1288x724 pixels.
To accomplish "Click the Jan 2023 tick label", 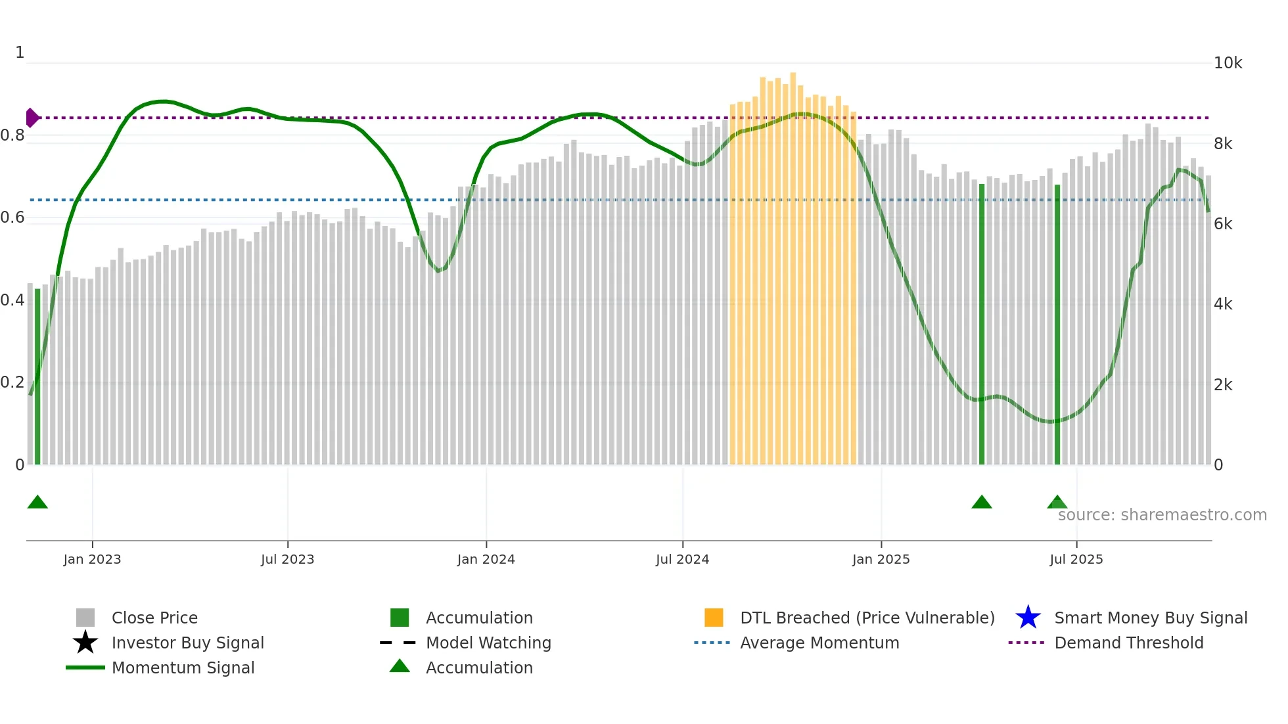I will (92, 559).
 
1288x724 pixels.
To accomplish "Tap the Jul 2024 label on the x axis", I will (682, 559).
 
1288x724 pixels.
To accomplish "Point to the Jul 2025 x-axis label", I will (1076, 559).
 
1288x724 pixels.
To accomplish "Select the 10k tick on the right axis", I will (1228, 63).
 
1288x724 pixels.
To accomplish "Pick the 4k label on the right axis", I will (1223, 304).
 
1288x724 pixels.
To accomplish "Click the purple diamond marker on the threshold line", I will (32, 118).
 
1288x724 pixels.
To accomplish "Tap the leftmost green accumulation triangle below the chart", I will (37, 503).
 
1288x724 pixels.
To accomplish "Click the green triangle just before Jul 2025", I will (1057, 503).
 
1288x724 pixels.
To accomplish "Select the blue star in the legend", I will (1028, 618).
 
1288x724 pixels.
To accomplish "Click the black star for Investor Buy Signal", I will (85, 643).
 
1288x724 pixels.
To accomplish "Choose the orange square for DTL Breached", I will (714, 618).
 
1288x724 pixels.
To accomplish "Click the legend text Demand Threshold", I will (1128, 643).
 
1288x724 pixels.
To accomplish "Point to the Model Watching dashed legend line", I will (398, 643).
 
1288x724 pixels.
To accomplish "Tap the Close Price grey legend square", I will (85, 618).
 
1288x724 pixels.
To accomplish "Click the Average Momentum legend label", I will (819, 643).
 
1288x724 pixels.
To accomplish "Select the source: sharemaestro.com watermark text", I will (1162, 515).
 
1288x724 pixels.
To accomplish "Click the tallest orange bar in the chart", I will (793, 263).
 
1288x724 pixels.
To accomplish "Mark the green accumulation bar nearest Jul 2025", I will (1057, 328).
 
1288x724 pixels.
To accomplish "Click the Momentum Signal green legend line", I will (85, 667).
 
